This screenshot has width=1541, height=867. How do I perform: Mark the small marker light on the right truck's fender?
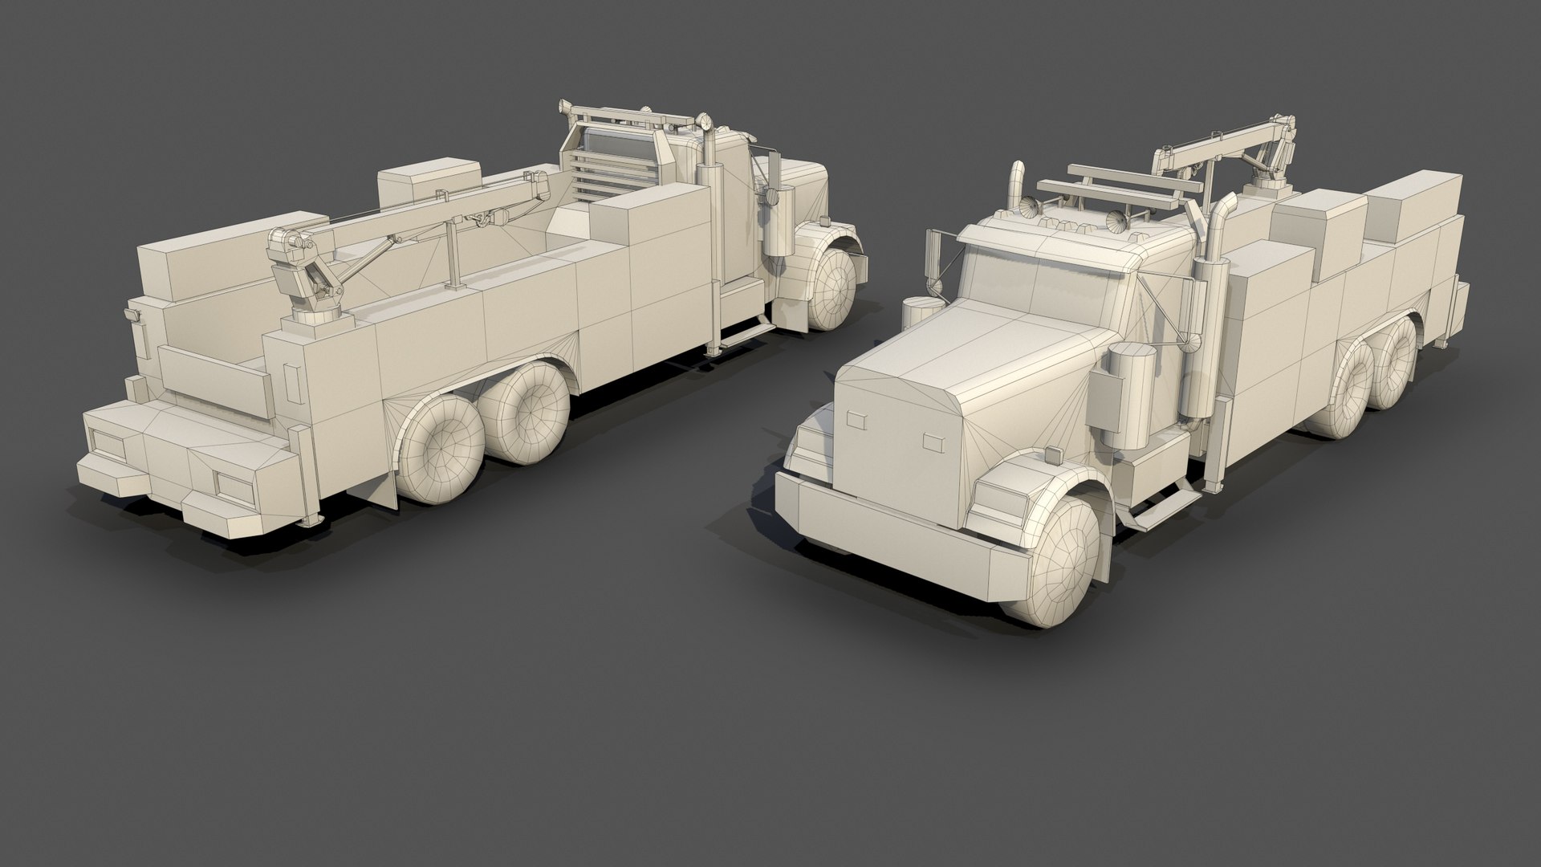[x=1051, y=456]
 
